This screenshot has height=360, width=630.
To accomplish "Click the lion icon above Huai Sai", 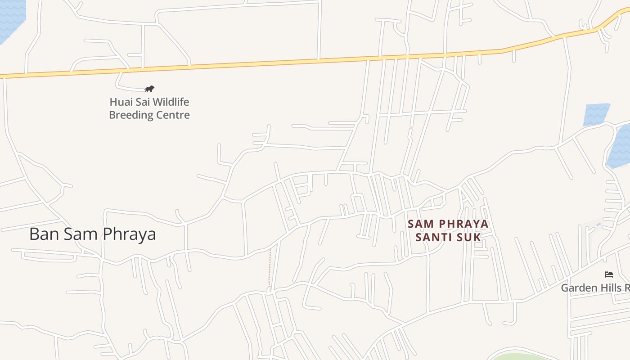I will point(149,89).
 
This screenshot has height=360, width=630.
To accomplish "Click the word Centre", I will point(173,115).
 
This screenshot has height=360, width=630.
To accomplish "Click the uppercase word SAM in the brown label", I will point(421,224).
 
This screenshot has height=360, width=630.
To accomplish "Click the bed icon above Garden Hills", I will point(609,274).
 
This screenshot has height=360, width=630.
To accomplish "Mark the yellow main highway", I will point(270,63).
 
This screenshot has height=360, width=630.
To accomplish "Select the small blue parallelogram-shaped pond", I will point(596,114).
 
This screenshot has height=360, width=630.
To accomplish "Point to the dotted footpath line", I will point(270,268).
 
